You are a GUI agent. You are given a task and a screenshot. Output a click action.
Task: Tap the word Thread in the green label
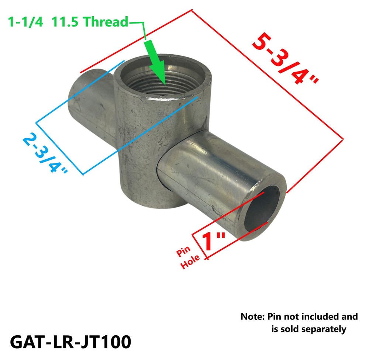tap(106, 22)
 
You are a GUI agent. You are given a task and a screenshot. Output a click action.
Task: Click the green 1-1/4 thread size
tap(25, 22)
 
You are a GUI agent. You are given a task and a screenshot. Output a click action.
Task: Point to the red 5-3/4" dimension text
tap(285, 59)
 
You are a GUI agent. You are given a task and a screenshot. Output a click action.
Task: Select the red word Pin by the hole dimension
tap(183, 251)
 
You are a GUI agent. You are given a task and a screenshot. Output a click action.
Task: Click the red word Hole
tap(190, 262)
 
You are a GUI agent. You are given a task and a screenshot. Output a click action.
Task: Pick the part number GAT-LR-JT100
tap(70, 342)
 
